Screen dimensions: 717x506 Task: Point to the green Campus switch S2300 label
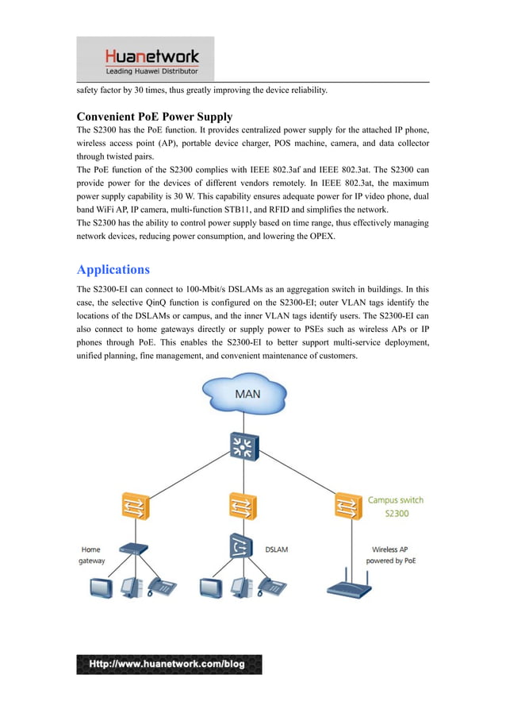point(395,507)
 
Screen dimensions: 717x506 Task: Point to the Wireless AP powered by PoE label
point(390,555)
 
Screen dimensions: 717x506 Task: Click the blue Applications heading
point(113,269)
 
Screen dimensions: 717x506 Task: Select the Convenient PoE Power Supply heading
point(154,117)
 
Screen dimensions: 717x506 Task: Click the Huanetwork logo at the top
point(145,60)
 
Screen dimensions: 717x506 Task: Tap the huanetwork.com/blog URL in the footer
point(169,664)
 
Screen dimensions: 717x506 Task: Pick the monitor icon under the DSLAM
point(211,588)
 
